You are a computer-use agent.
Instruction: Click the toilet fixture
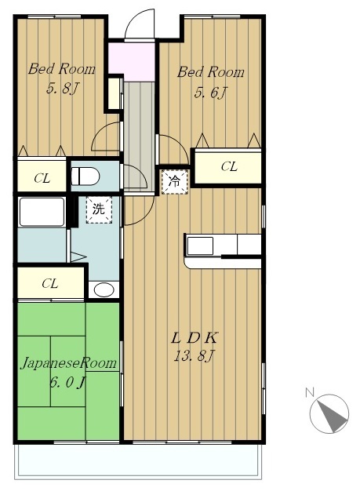click(x=85, y=176)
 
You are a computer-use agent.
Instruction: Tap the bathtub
click(x=42, y=212)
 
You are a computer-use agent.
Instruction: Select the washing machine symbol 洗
click(x=99, y=209)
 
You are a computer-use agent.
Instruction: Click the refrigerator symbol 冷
click(x=174, y=181)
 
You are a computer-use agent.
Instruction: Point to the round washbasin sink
click(x=104, y=290)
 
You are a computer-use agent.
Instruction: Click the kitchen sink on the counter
click(x=200, y=246)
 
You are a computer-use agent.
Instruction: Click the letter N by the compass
click(x=310, y=392)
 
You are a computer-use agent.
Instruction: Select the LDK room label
click(x=195, y=338)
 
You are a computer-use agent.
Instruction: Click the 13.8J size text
click(x=195, y=355)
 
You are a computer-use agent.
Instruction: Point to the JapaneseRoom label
click(x=68, y=364)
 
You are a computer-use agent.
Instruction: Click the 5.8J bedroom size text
click(x=63, y=88)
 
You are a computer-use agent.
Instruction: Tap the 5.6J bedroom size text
click(x=210, y=93)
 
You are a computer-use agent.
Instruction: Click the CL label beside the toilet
click(x=42, y=178)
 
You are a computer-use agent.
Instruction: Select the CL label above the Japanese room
click(x=50, y=283)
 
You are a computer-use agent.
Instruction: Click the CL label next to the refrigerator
click(x=229, y=166)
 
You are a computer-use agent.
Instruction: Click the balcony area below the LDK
click(x=138, y=460)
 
